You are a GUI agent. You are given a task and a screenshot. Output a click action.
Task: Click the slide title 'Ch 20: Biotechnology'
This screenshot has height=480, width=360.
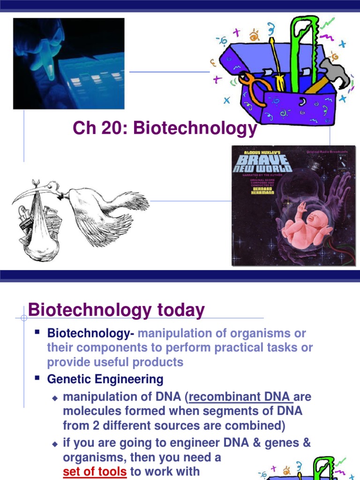click(165, 128)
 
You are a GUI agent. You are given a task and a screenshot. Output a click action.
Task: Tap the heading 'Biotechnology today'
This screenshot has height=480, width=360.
click(116, 310)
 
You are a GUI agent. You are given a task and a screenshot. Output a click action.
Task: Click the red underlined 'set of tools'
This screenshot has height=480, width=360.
click(95, 471)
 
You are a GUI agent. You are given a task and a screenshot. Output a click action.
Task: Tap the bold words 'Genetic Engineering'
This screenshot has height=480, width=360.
click(105, 379)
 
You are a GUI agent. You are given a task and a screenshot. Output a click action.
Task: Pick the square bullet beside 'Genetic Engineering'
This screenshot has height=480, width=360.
click(37, 378)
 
